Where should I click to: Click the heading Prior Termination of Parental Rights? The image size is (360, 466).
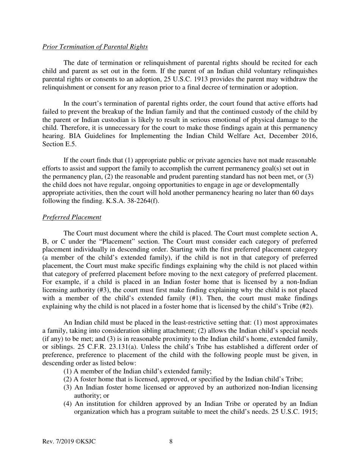[95, 47]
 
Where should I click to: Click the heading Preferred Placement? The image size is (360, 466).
[72, 217]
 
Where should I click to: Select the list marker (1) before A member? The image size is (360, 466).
[67, 371]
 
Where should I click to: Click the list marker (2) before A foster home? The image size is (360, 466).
[67, 379]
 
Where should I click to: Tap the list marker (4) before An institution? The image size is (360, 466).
[67, 404]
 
